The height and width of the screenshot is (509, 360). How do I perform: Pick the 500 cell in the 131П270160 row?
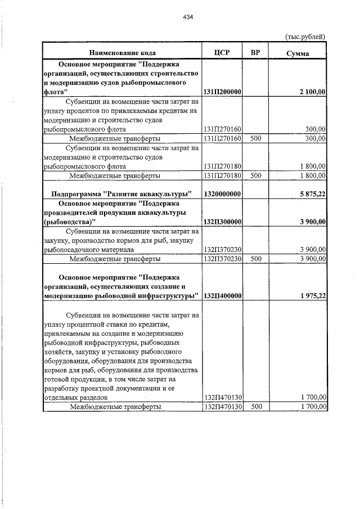(x=256, y=138)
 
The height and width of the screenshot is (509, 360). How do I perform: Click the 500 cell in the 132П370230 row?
(x=256, y=259)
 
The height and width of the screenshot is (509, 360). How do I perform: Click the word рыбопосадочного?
(x=70, y=249)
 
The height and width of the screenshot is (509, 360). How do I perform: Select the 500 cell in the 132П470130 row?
(x=256, y=406)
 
